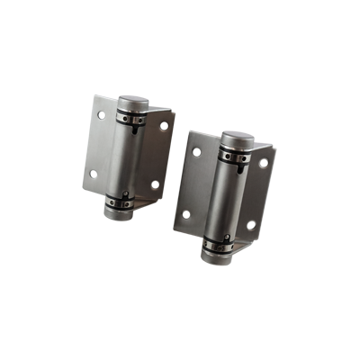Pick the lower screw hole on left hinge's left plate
(x=90, y=175)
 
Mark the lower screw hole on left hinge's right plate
(x=155, y=184)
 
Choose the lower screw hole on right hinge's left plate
(x=185, y=215)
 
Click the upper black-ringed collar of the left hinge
(x=130, y=114)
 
